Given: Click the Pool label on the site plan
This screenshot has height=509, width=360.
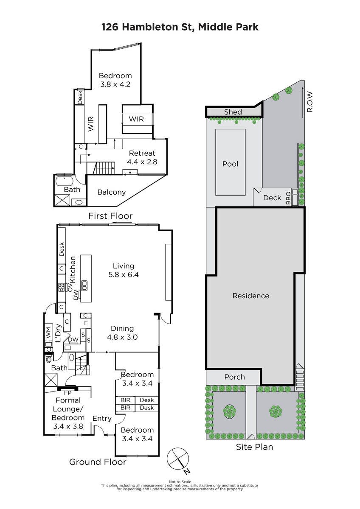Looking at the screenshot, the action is pyautogui.click(x=230, y=164).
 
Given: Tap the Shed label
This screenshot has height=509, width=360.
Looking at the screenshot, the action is pyautogui.click(x=233, y=112).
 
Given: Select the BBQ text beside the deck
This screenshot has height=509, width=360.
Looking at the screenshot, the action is pyautogui.click(x=288, y=198).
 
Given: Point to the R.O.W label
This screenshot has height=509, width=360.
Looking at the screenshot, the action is pyautogui.click(x=310, y=101).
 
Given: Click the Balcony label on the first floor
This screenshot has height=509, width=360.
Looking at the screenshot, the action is pyautogui.click(x=111, y=192).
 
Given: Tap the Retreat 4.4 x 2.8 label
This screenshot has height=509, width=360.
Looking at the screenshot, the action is pyautogui.click(x=142, y=157).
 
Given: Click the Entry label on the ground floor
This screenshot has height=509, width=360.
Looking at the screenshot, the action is pyautogui.click(x=102, y=418).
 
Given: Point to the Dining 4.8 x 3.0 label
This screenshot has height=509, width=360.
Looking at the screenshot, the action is pyautogui.click(x=122, y=333).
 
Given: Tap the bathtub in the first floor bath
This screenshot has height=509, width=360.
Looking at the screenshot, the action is pyautogui.click(x=65, y=182).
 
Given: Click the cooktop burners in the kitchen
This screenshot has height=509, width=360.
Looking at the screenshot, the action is pyautogui.click(x=62, y=287).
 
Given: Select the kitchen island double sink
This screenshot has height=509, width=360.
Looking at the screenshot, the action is pyautogui.click(x=84, y=285).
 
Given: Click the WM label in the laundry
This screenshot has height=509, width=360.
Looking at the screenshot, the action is pyautogui.click(x=48, y=333).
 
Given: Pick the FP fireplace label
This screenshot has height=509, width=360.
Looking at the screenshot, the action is pyautogui.click(x=67, y=393).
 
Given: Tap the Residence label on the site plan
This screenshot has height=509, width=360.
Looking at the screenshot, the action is pyautogui.click(x=250, y=296).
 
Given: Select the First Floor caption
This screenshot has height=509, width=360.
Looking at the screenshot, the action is pyautogui.click(x=110, y=216).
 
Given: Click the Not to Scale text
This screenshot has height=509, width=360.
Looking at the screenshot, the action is pyautogui.click(x=180, y=482).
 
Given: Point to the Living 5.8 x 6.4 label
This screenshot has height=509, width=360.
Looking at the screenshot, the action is pyautogui.click(x=124, y=270).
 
